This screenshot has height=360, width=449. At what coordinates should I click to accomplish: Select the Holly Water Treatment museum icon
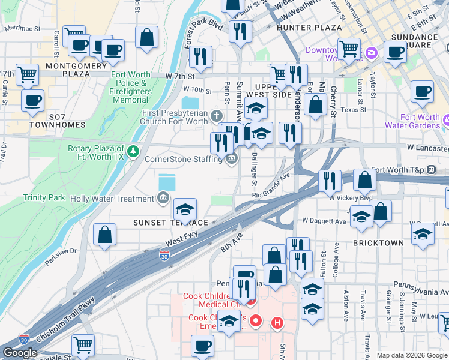[163, 199]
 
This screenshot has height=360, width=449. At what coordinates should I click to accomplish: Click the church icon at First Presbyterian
[217, 115]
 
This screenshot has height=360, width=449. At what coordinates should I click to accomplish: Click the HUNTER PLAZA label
[309, 28]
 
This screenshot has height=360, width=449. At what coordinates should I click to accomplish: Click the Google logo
[20, 353]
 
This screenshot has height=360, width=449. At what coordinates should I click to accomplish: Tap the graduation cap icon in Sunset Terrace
[185, 209]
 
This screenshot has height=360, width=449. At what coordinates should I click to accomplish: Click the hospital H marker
[277, 323]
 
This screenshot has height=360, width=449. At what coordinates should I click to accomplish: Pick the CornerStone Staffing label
[184, 159]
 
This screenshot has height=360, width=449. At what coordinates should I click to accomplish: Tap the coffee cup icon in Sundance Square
[394, 52]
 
